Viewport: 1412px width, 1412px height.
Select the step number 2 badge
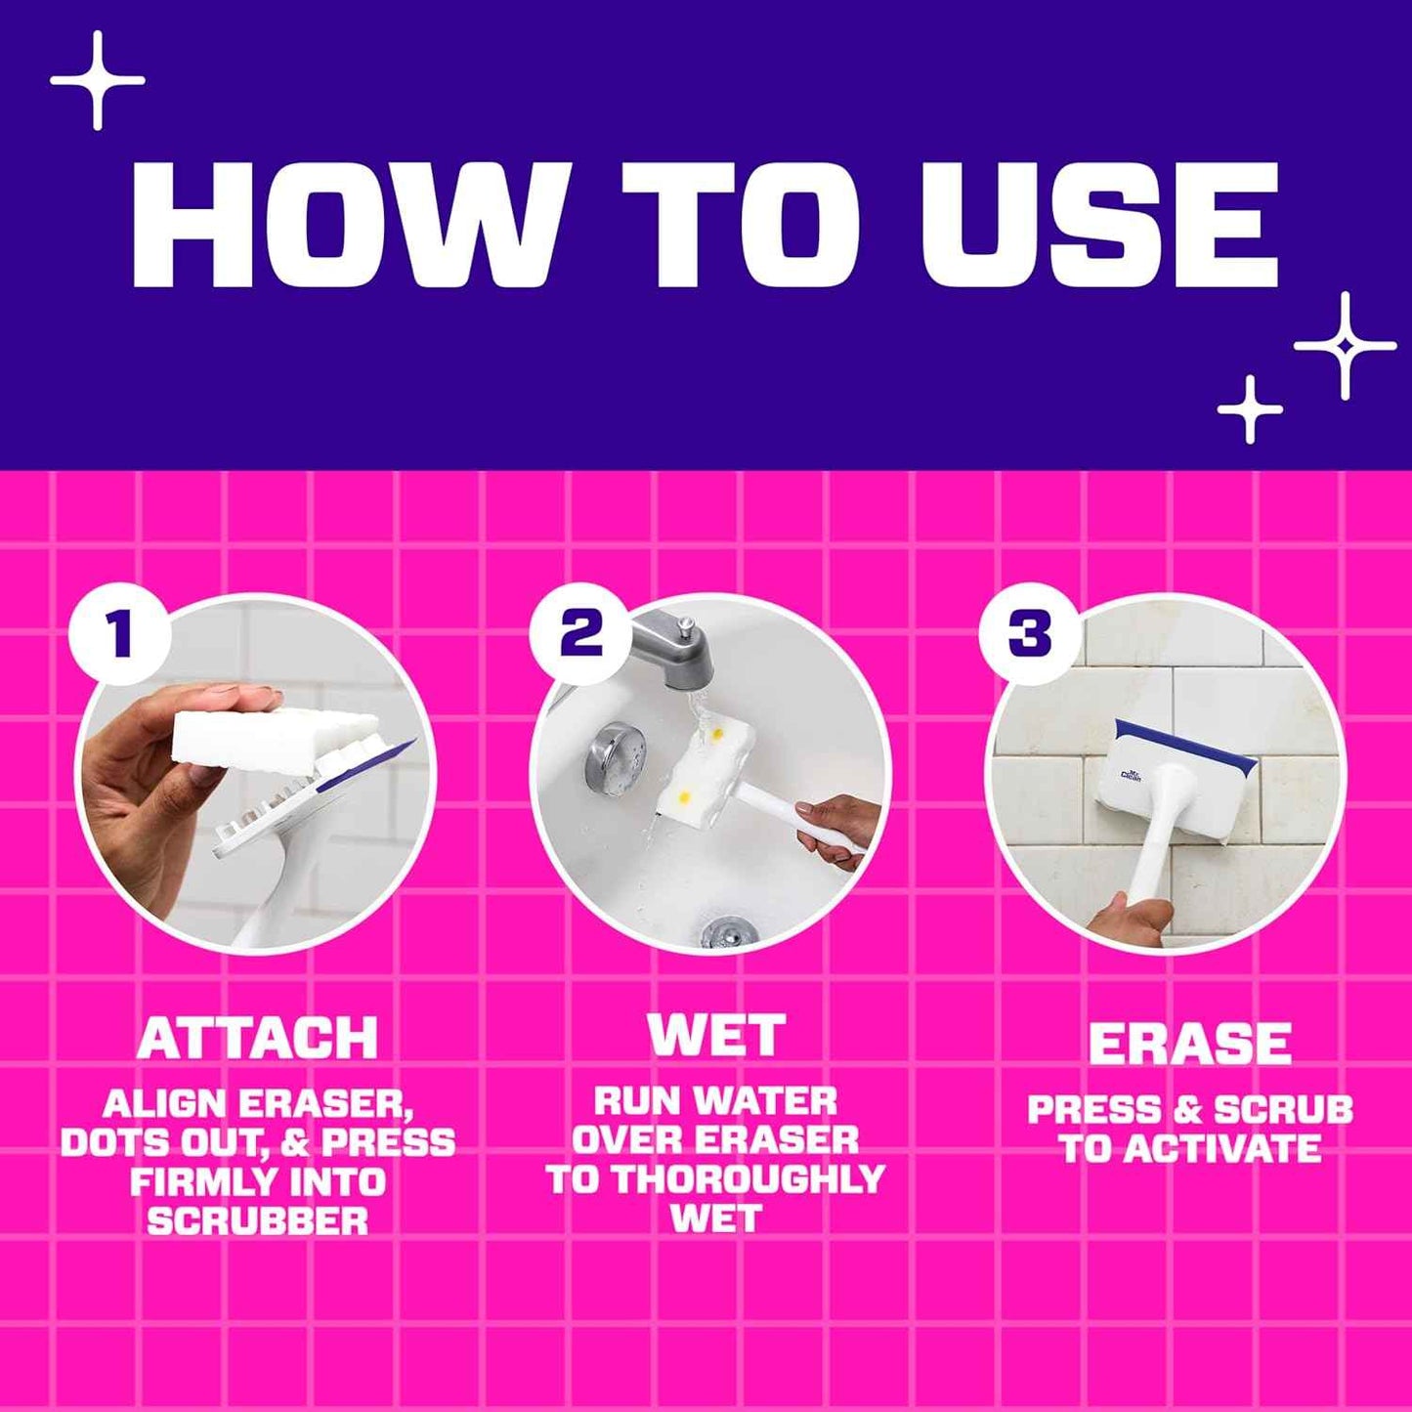pos(580,632)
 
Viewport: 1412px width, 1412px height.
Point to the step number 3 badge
pos(1029,633)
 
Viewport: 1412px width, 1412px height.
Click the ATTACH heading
pos(257,1039)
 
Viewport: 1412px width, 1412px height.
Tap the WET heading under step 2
pos(716,1035)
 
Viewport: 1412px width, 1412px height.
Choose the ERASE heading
pos(1189,1044)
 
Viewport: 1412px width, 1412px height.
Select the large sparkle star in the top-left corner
pos(97,80)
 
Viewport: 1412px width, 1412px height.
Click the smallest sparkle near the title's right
pos(1250,409)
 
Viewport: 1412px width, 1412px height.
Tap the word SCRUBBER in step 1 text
pos(258,1221)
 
